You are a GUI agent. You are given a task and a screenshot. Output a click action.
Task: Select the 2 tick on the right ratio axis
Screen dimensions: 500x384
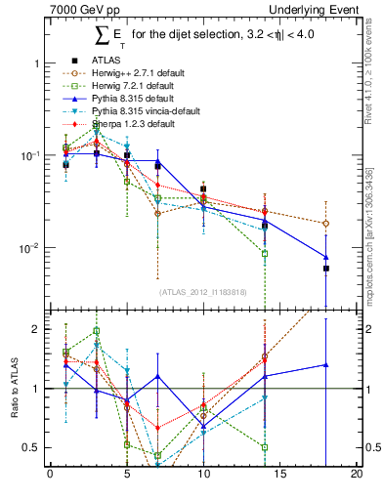pyautogui.click(x=368, y=329)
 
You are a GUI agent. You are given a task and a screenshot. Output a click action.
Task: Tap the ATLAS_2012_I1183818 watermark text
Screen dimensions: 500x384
pyautogui.click(x=203, y=292)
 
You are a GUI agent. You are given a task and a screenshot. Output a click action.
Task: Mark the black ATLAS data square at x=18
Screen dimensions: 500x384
pyautogui.click(x=326, y=268)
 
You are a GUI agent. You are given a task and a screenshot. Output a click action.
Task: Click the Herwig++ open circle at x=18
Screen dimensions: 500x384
pyautogui.click(x=326, y=224)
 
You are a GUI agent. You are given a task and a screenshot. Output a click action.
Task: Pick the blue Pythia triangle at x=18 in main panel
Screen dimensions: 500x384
pyautogui.click(x=326, y=257)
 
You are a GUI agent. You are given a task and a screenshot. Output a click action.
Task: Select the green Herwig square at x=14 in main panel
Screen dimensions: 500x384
pyautogui.click(x=265, y=253)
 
